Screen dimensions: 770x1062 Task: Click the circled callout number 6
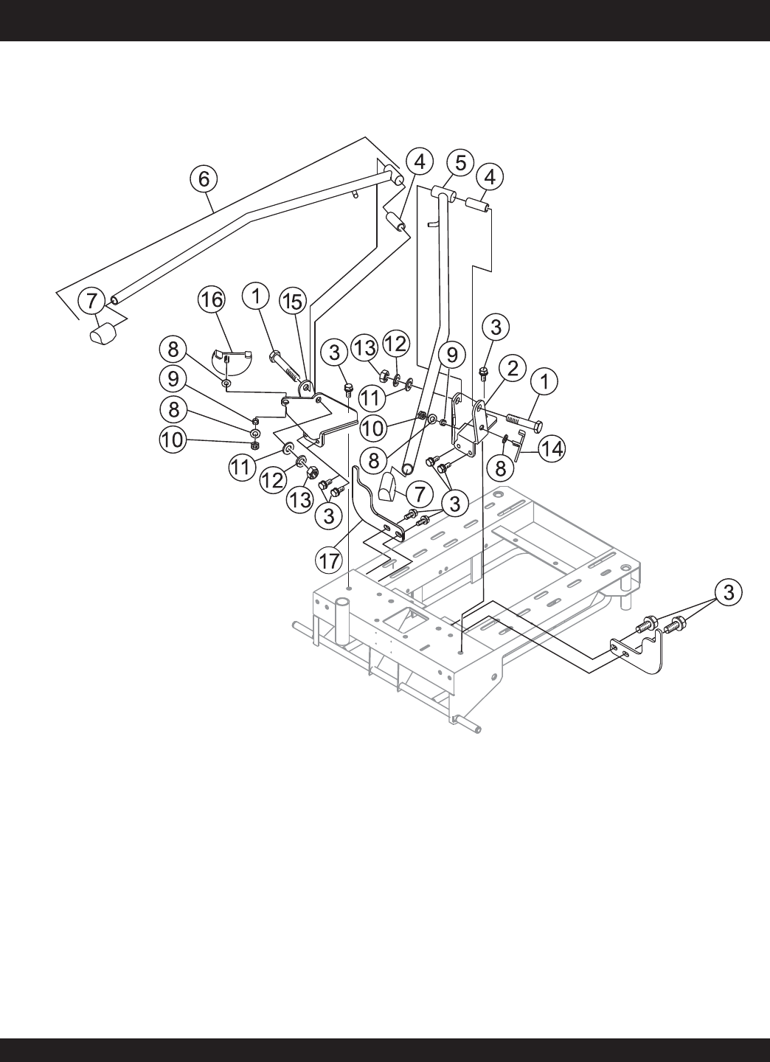tap(204, 178)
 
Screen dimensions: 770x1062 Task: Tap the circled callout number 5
tap(460, 163)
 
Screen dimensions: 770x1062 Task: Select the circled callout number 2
tap(513, 369)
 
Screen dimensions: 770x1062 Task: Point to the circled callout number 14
tap(552, 448)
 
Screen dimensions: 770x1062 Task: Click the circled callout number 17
tap(329, 560)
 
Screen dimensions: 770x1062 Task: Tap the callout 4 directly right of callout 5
tap(490, 177)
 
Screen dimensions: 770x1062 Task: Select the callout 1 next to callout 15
tap(257, 296)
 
